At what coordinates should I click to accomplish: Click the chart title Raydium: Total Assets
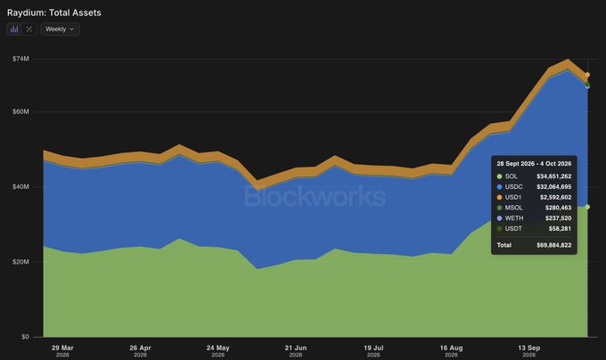pyautogui.click(x=54, y=12)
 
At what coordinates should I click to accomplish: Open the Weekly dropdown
pyautogui.click(x=60, y=29)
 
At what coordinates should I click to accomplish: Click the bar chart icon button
pyautogui.click(x=14, y=29)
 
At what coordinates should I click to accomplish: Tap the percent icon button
pyautogui.click(x=29, y=29)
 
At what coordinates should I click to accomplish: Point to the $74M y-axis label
pyautogui.click(x=20, y=59)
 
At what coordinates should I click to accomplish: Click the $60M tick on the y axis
pyautogui.click(x=20, y=111)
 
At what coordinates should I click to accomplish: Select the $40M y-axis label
pyautogui.click(x=20, y=186)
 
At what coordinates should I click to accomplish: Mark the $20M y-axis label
pyautogui.click(x=20, y=261)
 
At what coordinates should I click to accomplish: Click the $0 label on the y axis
pyautogui.click(x=25, y=337)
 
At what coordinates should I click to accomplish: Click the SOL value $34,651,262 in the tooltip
pyautogui.click(x=553, y=176)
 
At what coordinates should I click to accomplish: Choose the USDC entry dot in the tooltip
pyautogui.click(x=499, y=187)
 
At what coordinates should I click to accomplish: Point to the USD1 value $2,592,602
pyautogui.click(x=556, y=198)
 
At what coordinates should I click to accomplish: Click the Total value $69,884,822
pyautogui.click(x=553, y=245)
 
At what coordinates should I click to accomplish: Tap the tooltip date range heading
pyautogui.click(x=534, y=164)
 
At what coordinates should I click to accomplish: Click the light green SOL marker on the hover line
pyautogui.click(x=587, y=207)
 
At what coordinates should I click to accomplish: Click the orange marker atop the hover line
pyautogui.click(x=587, y=75)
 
